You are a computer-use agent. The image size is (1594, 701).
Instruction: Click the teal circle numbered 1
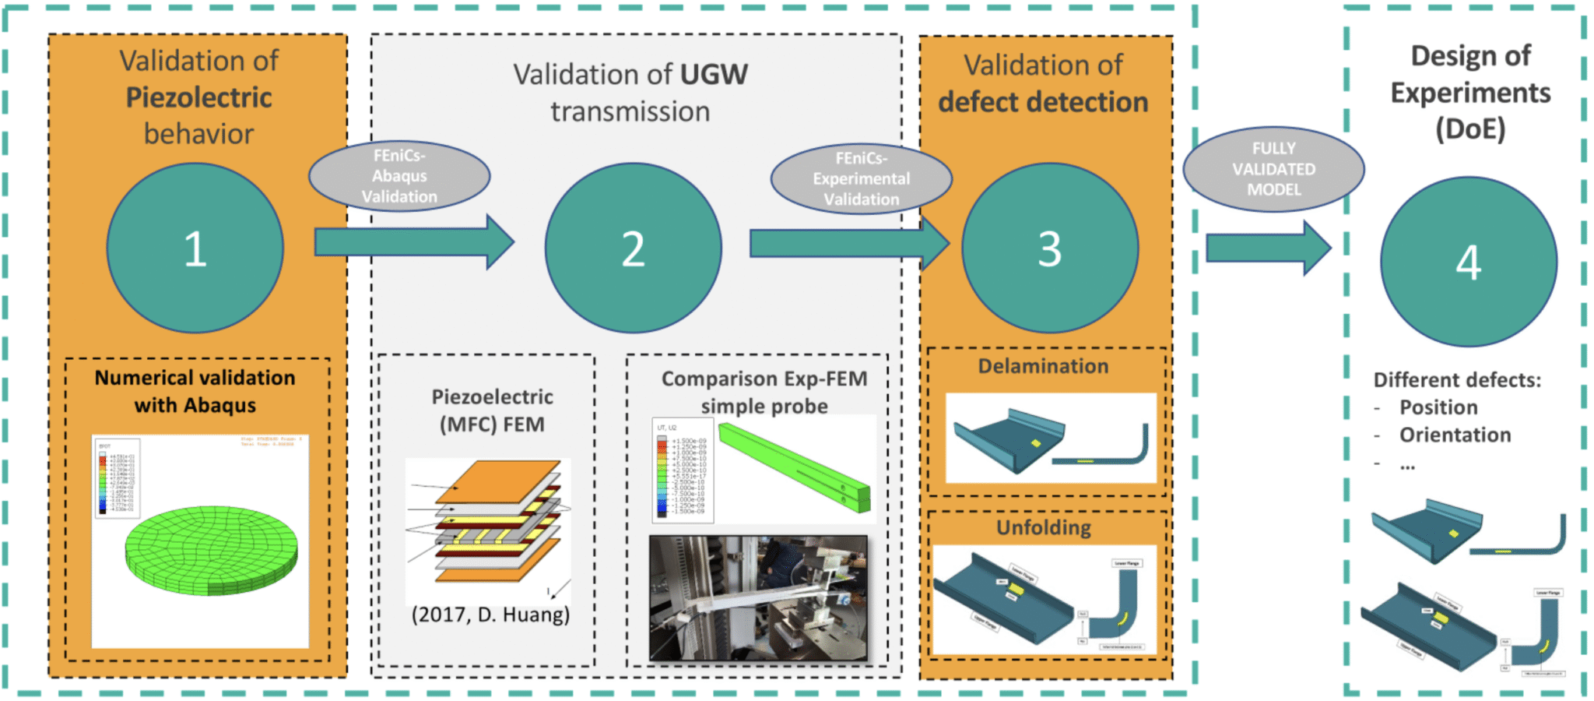tap(195, 248)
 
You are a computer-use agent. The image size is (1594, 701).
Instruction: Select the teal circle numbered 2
tap(633, 248)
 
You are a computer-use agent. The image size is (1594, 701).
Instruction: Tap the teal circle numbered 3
tap(1049, 248)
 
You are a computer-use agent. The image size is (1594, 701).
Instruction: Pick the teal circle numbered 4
tap(1468, 262)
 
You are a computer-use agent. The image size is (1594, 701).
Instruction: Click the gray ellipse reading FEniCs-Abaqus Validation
tap(399, 176)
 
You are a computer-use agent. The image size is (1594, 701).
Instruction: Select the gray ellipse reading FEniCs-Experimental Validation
tap(861, 178)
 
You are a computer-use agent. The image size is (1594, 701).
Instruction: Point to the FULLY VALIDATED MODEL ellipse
tap(1273, 169)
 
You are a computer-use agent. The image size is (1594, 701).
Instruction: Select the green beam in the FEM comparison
tap(794, 466)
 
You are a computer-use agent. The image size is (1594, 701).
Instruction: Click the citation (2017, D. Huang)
tap(490, 615)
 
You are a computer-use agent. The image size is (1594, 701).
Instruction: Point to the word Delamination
tap(1043, 366)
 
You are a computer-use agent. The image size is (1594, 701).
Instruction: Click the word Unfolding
tap(1043, 527)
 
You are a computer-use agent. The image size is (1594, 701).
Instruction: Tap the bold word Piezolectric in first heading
tap(198, 97)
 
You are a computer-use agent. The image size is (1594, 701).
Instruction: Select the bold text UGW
tap(714, 75)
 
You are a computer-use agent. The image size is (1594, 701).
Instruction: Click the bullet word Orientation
tap(1455, 435)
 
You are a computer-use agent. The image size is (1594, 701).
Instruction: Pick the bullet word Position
tap(1438, 407)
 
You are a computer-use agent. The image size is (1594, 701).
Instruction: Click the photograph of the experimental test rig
tap(759, 598)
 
